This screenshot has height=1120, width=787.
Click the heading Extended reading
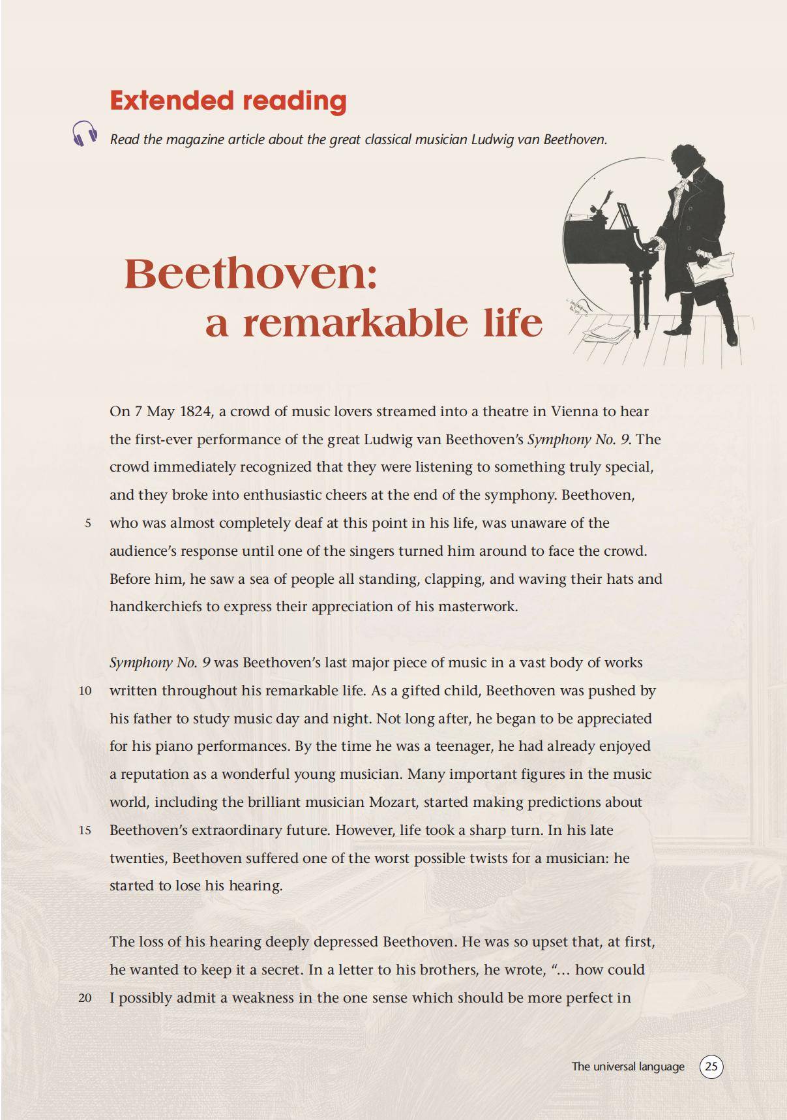tap(228, 100)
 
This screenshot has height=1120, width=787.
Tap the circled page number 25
tap(711, 1066)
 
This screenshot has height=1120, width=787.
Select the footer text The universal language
tap(628, 1067)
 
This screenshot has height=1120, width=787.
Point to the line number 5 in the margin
tap(87, 523)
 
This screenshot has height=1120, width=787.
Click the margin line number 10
tap(85, 691)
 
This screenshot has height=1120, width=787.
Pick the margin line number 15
tap(85, 830)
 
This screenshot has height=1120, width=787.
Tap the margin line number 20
tap(85, 998)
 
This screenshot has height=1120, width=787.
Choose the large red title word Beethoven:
tap(251, 274)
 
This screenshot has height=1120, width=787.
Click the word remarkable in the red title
tap(355, 323)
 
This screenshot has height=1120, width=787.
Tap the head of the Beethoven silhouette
tap(690, 160)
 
